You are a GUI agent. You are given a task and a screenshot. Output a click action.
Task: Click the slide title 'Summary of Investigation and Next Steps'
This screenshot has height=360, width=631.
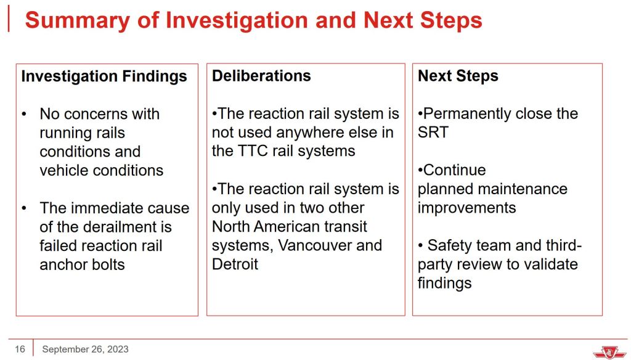point(253,20)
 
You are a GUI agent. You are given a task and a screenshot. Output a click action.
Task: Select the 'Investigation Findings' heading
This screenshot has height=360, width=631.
point(104,76)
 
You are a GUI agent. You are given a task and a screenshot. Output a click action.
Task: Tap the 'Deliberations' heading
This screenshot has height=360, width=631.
point(261,76)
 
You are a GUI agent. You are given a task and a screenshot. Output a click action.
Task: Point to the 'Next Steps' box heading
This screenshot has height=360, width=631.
point(458,76)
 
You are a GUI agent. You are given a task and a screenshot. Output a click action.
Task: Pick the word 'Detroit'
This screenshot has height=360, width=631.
point(235,264)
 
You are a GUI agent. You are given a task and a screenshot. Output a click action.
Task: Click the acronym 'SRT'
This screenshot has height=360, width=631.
point(433,132)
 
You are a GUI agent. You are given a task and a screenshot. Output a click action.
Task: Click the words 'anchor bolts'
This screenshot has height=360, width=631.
point(82,264)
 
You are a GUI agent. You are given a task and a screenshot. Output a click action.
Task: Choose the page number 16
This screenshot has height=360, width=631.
point(20,349)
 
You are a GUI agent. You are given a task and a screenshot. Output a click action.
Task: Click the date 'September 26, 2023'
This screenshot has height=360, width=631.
point(85,349)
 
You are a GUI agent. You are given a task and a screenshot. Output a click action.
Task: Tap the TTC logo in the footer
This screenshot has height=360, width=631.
point(609,351)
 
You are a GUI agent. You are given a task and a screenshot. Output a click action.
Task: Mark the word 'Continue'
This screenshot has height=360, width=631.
point(455,170)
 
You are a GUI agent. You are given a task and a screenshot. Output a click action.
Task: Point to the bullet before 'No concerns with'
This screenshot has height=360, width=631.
point(24,115)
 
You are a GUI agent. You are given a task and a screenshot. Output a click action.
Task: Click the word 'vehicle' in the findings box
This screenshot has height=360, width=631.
point(64,170)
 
